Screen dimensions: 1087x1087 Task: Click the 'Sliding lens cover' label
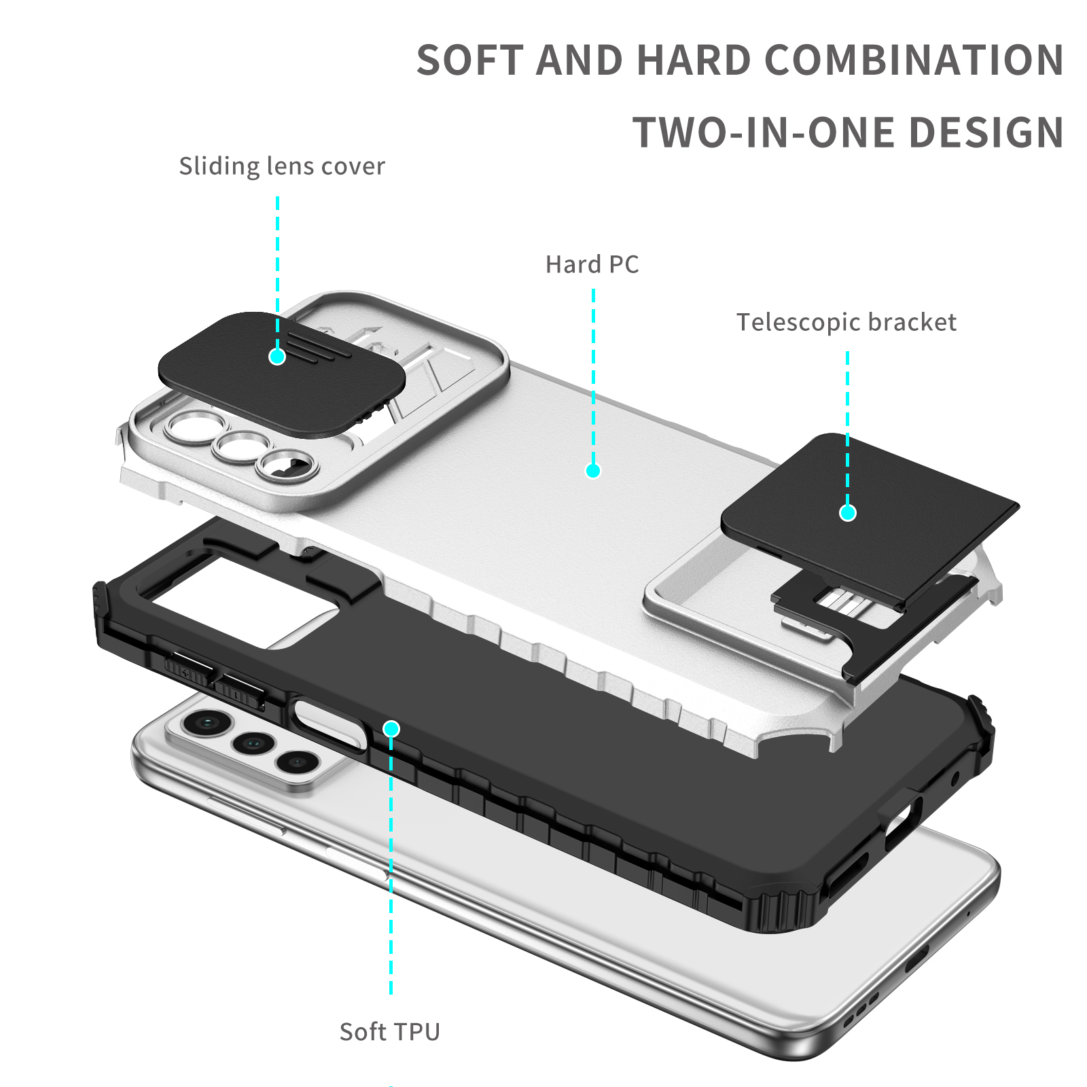[282, 166]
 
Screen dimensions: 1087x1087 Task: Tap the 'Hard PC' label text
[592, 264]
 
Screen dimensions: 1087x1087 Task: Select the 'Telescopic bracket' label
[847, 322]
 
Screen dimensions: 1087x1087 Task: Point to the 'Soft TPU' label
[390, 1032]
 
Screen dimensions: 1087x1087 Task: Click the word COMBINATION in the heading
[914, 60]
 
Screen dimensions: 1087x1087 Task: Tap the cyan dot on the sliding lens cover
[277, 356]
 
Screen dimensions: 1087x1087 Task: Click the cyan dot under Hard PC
[593, 471]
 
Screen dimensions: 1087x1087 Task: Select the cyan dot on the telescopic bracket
[848, 513]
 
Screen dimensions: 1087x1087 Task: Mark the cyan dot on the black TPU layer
[391, 729]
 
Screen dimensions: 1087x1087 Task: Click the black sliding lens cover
[282, 374]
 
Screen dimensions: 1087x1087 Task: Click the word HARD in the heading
[693, 60]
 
